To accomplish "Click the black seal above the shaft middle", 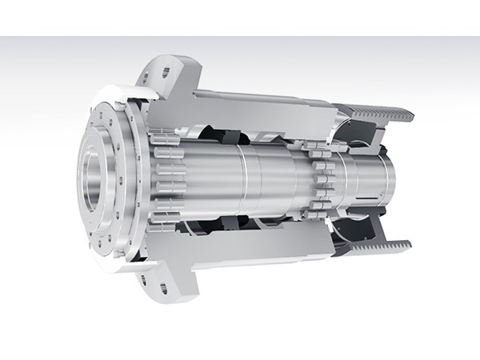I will pos(240,132).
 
